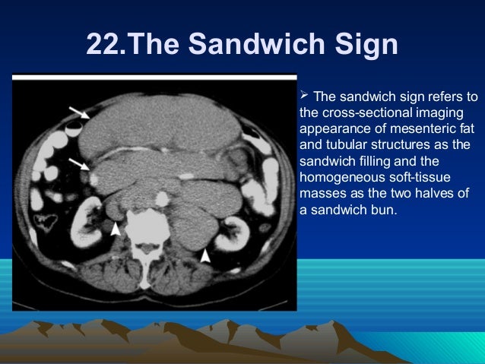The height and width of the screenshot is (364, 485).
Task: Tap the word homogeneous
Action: (x=338, y=177)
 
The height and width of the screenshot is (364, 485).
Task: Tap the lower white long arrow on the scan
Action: (x=78, y=164)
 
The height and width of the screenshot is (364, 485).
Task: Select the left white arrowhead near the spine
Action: (x=115, y=228)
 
